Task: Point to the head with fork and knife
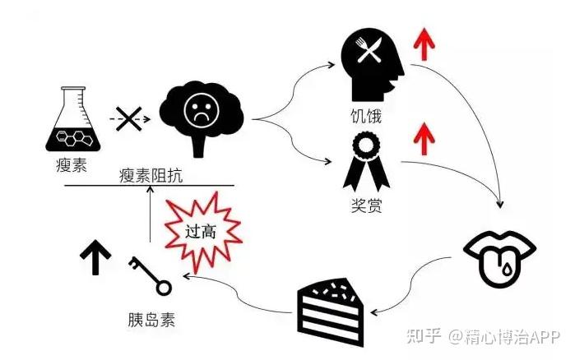point(371,65)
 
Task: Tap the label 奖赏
point(365,203)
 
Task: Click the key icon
point(149,275)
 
